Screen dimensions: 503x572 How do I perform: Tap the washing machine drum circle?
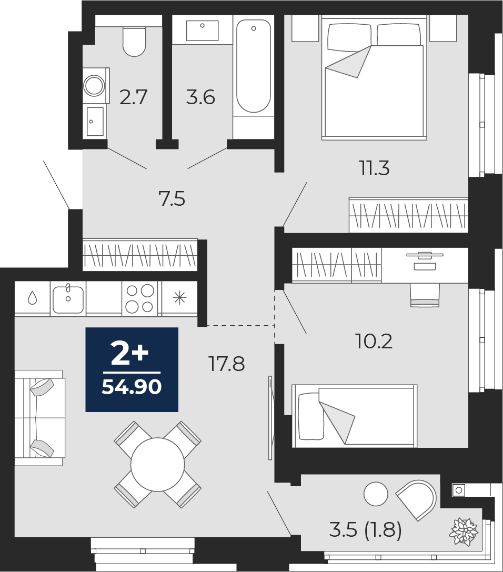click(x=94, y=85)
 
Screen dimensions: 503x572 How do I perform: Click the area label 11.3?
click(x=375, y=168)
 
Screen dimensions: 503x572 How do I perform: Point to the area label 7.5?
click(x=172, y=199)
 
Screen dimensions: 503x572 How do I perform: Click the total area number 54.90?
click(x=132, y=387)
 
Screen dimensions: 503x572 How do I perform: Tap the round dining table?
click(x=157, y=464)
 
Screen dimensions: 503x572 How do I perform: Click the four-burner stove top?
click(x=140, y=299)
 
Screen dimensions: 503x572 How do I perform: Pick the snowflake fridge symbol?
click(x=179, y=298)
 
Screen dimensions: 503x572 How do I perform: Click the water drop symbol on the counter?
click(x=33, y=298)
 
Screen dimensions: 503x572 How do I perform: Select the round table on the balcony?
click(x=376, y=494)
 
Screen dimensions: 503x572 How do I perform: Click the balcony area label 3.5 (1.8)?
click(x=365, y=530)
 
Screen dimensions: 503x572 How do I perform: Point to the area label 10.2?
click(x=374, y=342)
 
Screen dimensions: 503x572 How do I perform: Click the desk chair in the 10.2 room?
click(x=425, y=295)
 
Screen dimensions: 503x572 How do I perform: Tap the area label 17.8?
click(x=226, y=364)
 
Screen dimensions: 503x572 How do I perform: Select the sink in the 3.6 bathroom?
click(x=203, y=31)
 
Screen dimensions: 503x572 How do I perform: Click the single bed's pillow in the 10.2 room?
click(x=310, y=416)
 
